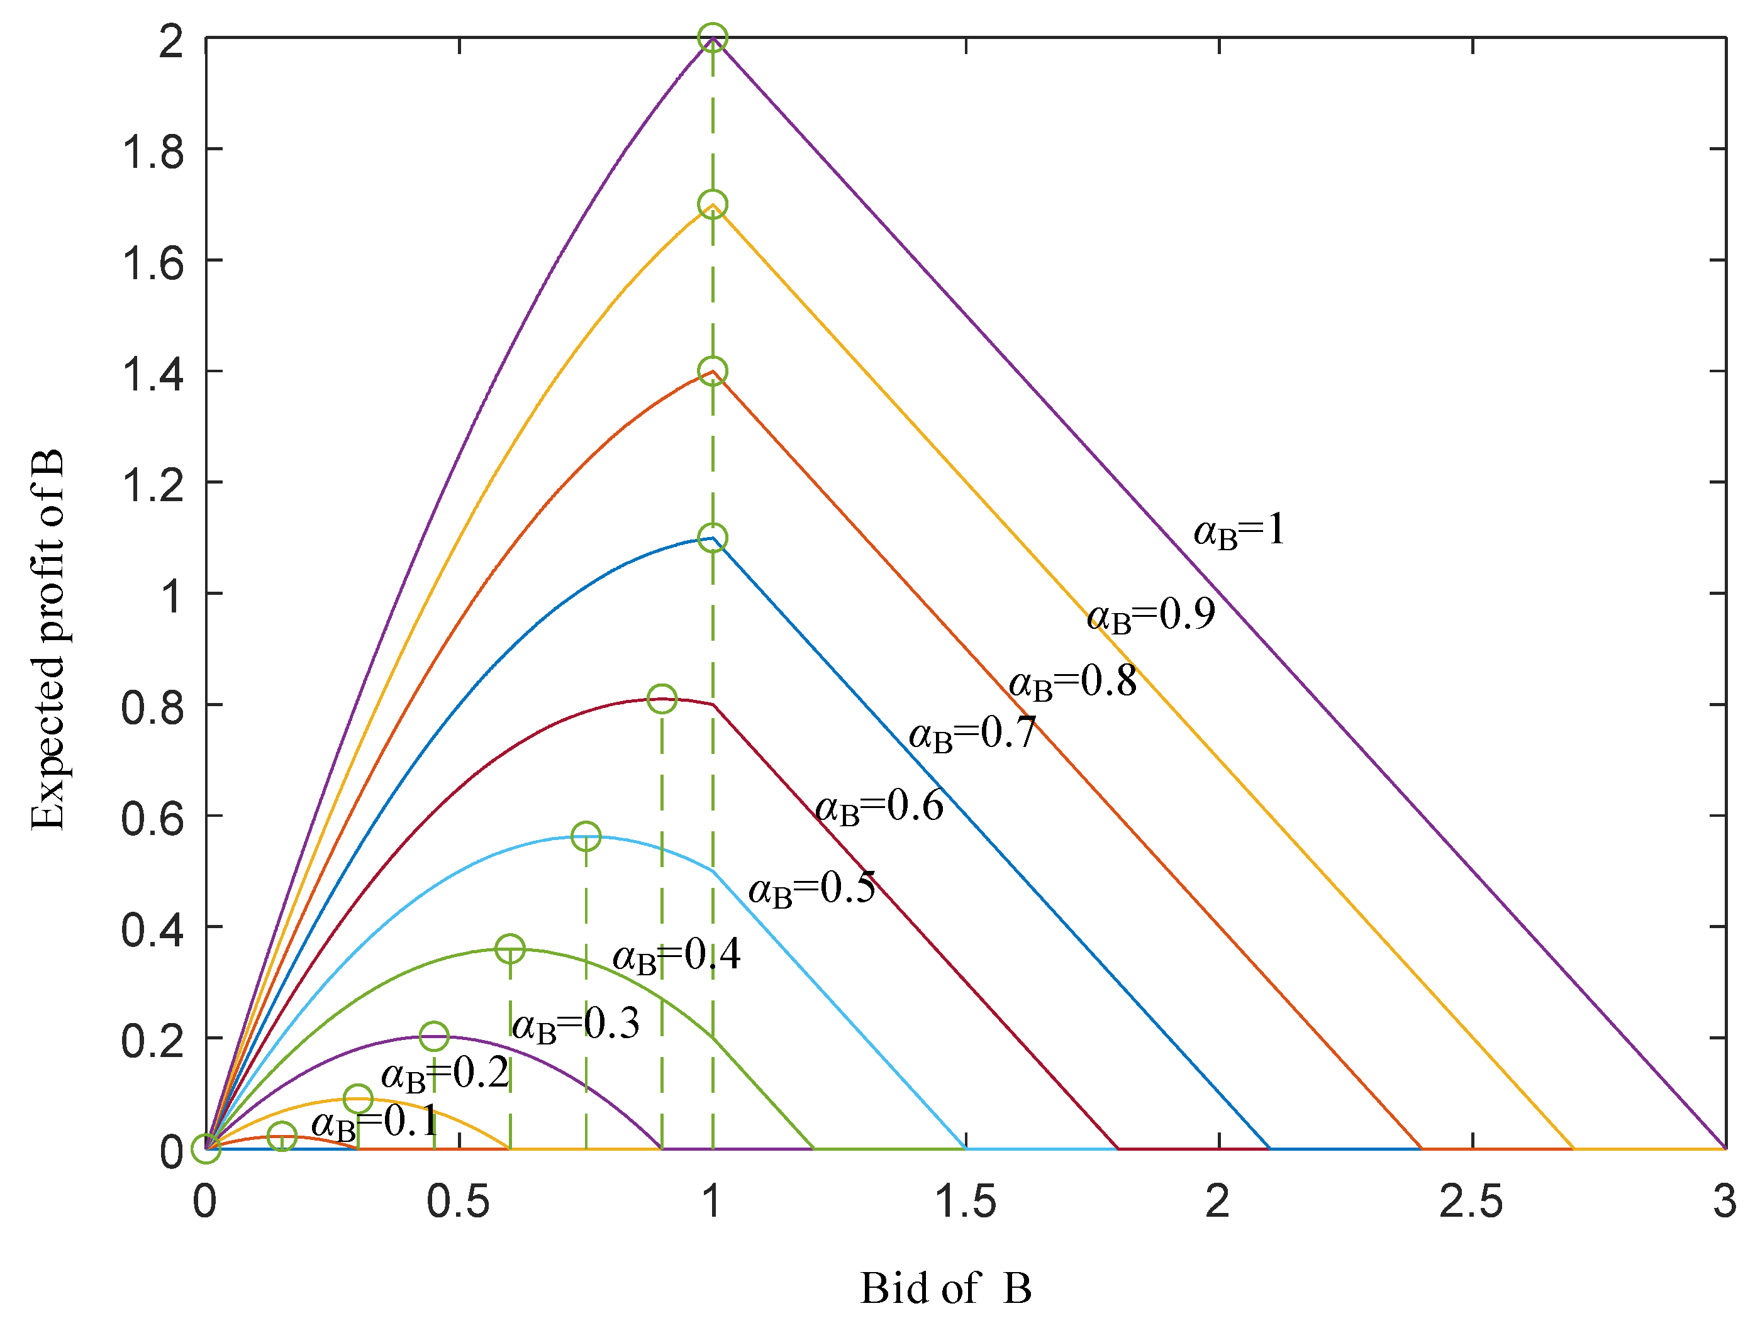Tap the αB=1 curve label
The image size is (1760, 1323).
point(1239,531)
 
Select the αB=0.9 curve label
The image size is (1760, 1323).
point(1150,615)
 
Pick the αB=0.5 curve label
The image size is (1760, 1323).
point(811,888)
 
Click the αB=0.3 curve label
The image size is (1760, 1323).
point(576,1024)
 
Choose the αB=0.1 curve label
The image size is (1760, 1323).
point(375,1122)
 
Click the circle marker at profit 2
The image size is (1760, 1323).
point(712,37)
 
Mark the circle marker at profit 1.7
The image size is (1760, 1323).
point(712,204)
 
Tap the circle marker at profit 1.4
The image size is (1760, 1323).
point(712,371)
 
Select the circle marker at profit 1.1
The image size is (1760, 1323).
point(712,538)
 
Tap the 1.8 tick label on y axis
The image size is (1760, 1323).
point(152,151)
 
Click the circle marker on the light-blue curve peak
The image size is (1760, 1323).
point(586,837)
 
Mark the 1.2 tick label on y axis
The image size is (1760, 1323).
point(152,484)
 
